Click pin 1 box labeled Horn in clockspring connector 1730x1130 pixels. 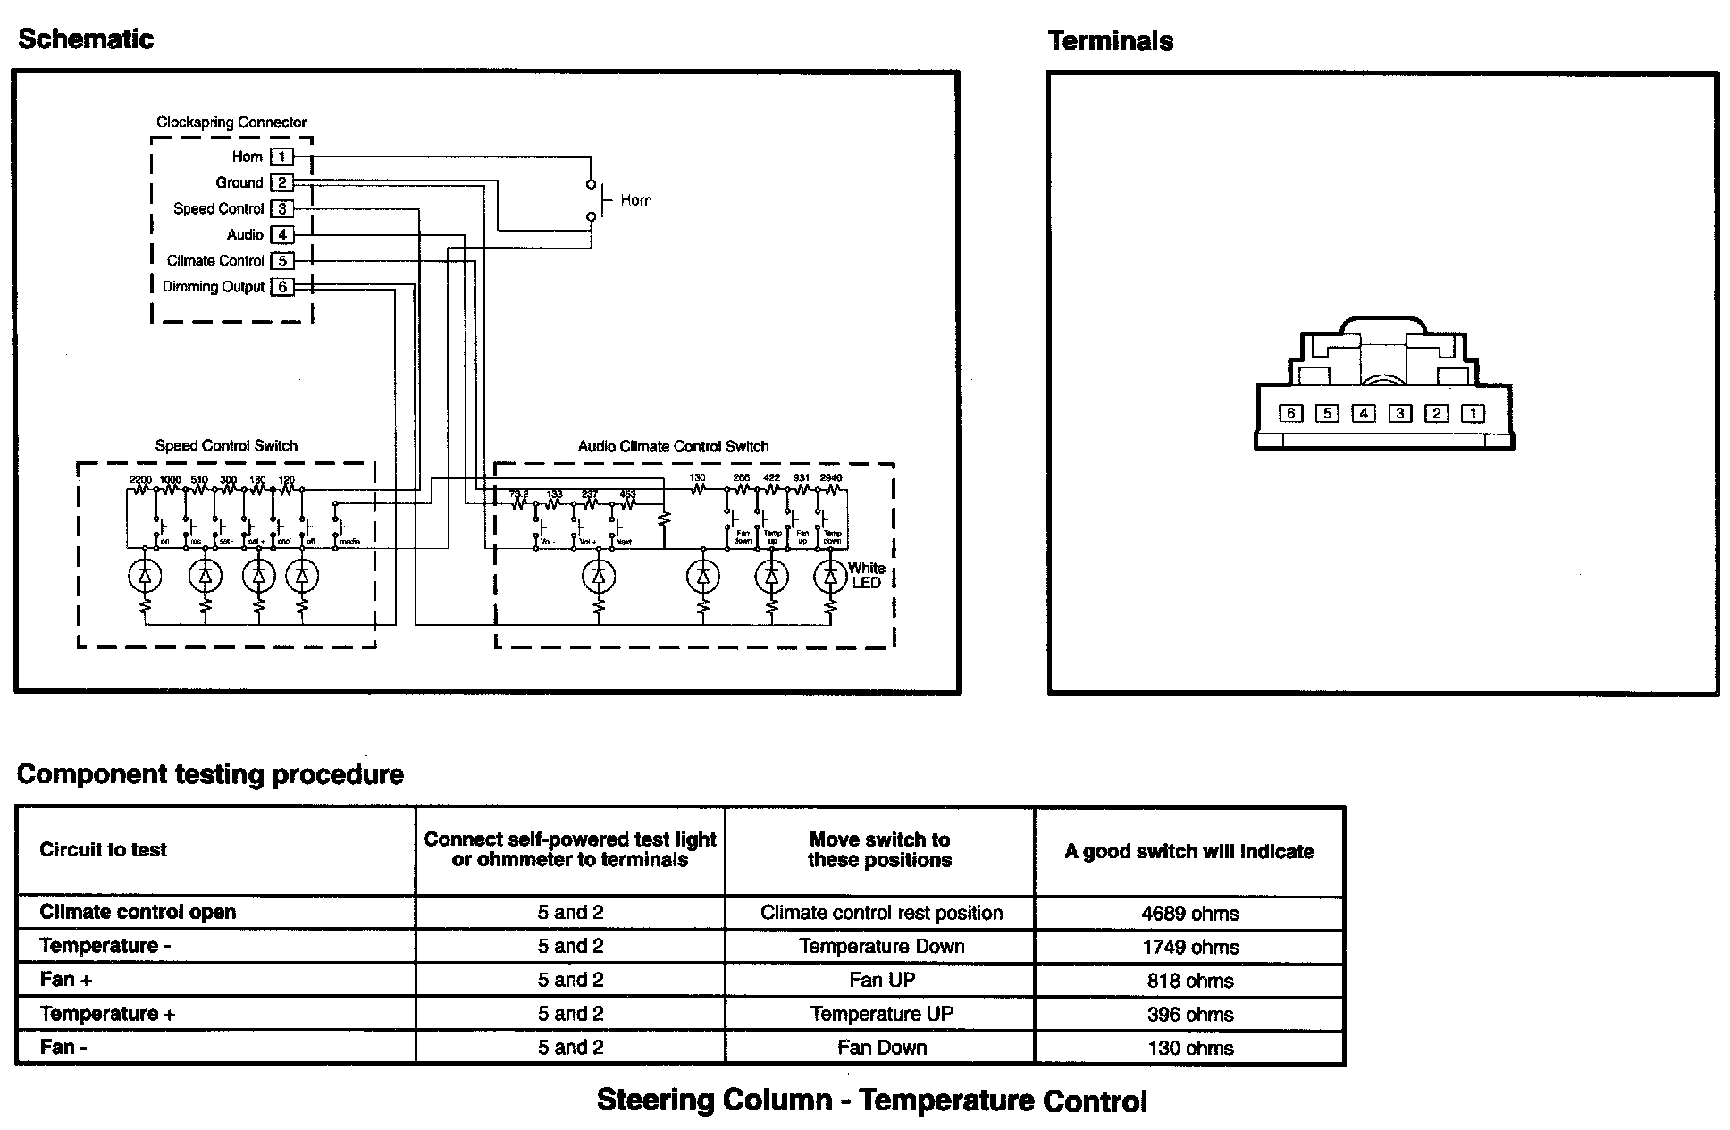pyautogui.click(x=281, y=157)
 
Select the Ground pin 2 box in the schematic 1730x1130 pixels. pyautogui.click(x=281, y=183)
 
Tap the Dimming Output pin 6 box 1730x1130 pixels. pyautogui.click(x=282, y=287)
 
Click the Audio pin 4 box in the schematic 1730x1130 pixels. pyautogui.click(x=281, y=235)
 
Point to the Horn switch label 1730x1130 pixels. pyautogui.click(x=635, y=200)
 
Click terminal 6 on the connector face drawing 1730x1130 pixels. pyautogui.click(x=1290, y=413)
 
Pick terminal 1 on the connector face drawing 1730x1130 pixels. pyautogui.click(x=1473, y=413)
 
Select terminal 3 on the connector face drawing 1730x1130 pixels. pyautogui.click(x=1400, y=413)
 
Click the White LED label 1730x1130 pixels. pyautogui.click(x=866, y=575)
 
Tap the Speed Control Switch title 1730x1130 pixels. pyautogui.click(x=226, y=445)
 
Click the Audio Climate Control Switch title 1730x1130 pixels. pyautogui.click(x=673, y=446)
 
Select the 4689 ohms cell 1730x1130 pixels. pyautogui.click(x=1189, y=914)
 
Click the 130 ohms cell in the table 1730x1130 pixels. pyautogui.click(x=1189, y=1048)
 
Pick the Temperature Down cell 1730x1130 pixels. pyautogui.click(x=881, y=947)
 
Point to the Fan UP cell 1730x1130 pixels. pyautogui.click(x=881, y=980)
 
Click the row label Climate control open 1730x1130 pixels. pyautogui.click(x=138, y=913)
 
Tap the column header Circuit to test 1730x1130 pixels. pyautogui.click(x=103, y=849)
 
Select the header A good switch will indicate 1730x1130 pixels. pyautogui.click(x=1188, y=851)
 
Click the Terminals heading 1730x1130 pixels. pyautogui.click(x=1110, y=41)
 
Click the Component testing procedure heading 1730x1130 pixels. pyautogui.click(x=210, y=774)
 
